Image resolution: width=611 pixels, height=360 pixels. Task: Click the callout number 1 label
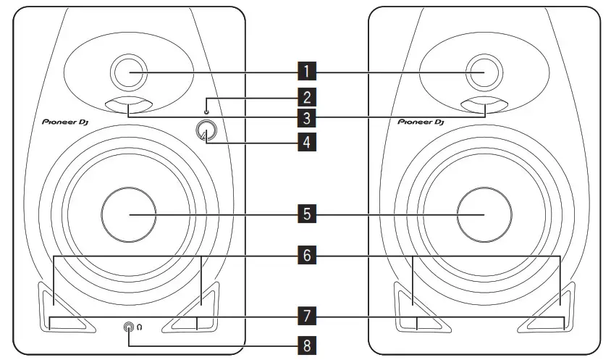tap(307, 72)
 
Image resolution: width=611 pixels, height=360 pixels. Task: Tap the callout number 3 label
tap(307, 117)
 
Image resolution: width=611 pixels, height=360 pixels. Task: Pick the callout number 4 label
tap(307, 141)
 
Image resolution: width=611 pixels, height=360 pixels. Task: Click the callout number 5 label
tap(307, 214)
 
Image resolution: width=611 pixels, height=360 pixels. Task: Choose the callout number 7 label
tap(307, 316)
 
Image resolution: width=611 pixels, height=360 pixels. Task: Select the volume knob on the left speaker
tap(207, 132)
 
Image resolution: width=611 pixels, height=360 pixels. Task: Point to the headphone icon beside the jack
tap(140, 328)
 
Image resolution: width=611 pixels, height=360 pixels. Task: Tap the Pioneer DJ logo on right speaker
tap(420, 123)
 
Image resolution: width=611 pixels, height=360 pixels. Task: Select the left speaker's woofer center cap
tap(129, 215)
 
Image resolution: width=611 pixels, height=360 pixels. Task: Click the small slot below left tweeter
tap(128, 106)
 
